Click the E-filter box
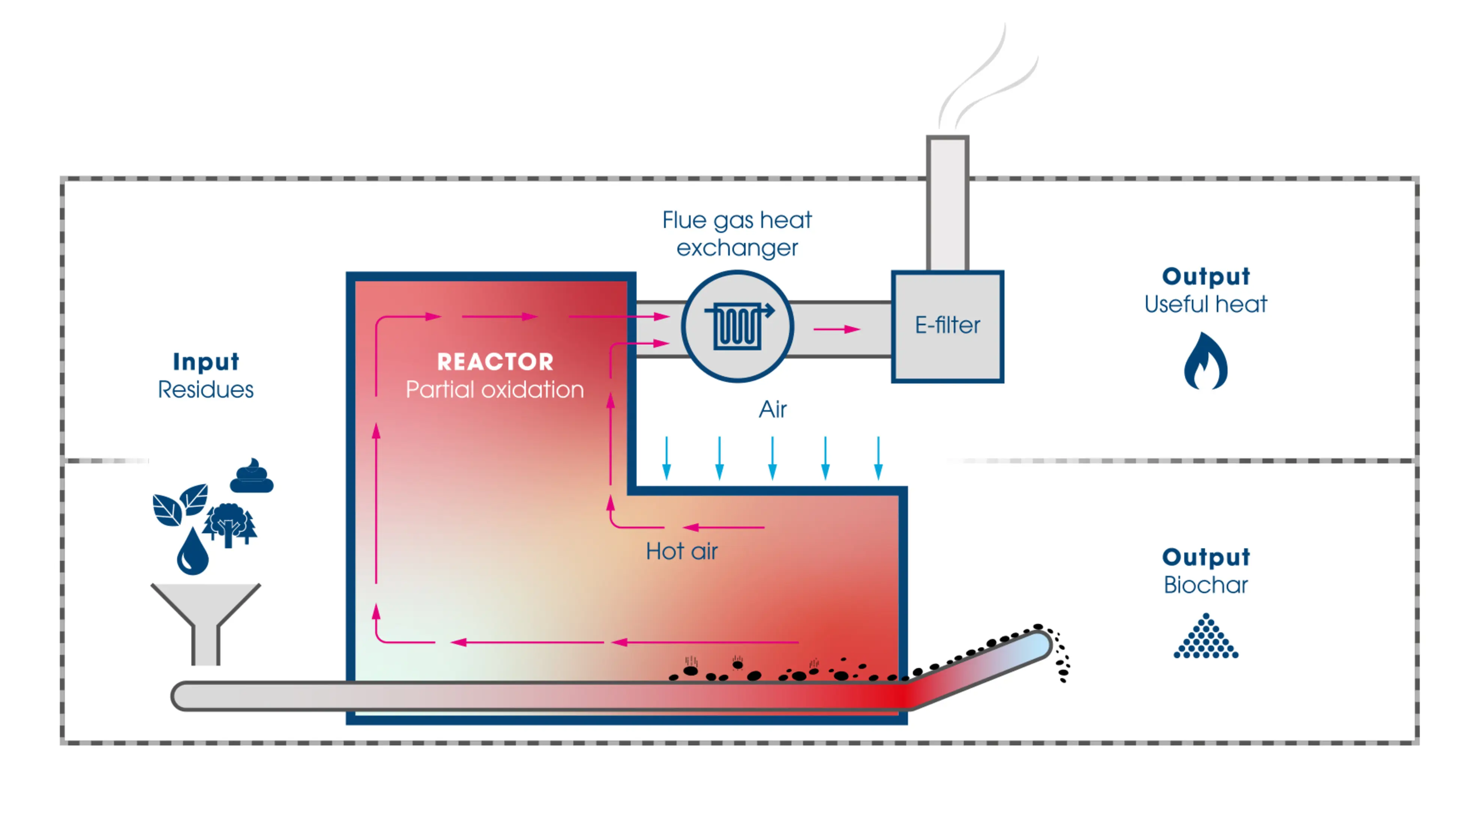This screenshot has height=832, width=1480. pos(947,326)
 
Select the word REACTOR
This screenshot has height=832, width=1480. pos(495,362)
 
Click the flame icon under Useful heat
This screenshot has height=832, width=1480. pos(1205,362)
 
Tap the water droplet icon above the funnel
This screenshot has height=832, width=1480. pos(192,552)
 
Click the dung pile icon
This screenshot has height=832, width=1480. pos(252,476)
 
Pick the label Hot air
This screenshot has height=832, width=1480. pos(682,551)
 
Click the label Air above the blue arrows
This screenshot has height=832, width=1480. pos(772,409)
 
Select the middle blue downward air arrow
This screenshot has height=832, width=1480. pos(772,458)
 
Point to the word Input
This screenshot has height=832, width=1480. pos(206,362)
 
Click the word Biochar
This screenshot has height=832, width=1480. pos(1205,585)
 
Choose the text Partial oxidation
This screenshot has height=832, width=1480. pos(495,390)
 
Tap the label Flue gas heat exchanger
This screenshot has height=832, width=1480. pos(737,234)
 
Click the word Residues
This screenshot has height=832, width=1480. pos(206,390)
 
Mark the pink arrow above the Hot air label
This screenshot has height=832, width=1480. pos(723,527)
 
